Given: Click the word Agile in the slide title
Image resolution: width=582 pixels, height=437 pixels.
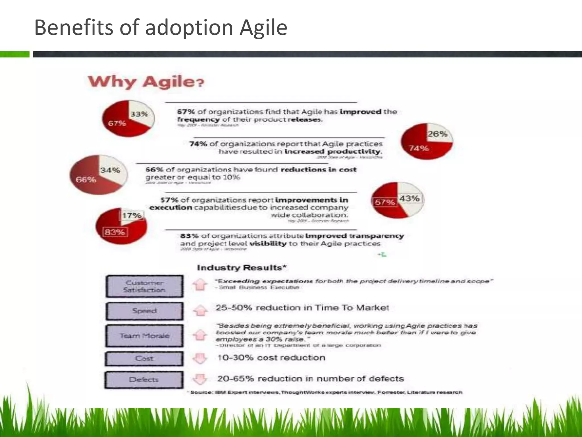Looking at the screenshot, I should tap(263, 28).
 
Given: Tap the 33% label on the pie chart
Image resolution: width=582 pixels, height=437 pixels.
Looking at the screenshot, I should tap(139, 114).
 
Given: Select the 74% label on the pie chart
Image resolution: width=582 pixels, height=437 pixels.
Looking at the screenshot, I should tap(419, 148).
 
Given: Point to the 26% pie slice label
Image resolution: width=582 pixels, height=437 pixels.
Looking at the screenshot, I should tap(438, 134).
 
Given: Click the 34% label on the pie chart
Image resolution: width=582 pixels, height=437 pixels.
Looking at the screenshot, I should tap(110, 170).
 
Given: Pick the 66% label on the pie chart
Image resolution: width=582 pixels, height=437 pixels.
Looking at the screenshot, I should tap(86, 180).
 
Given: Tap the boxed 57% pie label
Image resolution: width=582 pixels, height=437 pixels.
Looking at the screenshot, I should tap(385, 202).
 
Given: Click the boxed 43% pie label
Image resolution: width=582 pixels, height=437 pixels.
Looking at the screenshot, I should tap(409, 198).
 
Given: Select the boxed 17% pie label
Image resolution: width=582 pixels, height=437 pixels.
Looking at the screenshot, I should tap(132, 215).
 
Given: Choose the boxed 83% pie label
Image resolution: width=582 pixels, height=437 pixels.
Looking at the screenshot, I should tap(115, 232).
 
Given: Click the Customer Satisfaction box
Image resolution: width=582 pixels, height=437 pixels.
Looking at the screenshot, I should tap(144, 286).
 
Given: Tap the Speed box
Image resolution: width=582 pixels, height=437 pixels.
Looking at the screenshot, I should tap(144, 311).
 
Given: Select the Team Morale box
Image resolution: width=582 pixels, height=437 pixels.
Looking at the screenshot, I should tap(144, 336).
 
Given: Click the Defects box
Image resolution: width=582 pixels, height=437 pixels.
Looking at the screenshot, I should tap(144, 380).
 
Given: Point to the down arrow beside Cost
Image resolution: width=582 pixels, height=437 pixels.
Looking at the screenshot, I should tap(200, 358).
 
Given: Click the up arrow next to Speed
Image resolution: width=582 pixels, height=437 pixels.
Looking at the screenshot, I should tap(200, 310).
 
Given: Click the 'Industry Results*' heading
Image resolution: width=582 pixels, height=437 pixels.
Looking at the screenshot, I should tap(242, 268).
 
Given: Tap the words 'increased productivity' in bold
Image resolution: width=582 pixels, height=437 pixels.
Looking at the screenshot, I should tap(333, 152).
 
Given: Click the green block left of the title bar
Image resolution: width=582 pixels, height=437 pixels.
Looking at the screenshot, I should tap(14, 54).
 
